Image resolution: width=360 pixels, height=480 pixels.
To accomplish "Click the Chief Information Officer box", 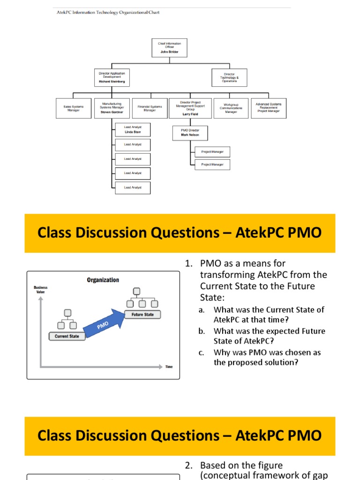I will click(169, 48).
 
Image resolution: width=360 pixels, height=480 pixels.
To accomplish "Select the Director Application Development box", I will click(112, 77).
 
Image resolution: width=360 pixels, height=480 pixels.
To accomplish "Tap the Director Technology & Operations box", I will click(229, 77).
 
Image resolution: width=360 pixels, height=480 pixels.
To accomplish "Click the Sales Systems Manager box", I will click(74, 108).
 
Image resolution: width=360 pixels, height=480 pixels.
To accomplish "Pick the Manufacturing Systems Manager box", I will click(112, 108).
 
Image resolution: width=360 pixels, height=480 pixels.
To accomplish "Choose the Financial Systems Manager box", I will click(150, 108).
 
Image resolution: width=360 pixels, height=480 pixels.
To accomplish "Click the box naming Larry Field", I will click(190, 108).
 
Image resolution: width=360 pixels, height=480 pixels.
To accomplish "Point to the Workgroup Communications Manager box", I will click(231, 108).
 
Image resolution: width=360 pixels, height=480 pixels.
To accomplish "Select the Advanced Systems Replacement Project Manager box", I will click(269, 108).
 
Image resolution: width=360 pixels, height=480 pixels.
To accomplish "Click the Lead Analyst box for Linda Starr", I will click(133, 129).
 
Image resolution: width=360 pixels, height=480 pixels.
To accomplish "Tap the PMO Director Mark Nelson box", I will click(190, 132).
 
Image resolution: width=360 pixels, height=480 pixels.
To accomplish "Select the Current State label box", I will click(67, 336).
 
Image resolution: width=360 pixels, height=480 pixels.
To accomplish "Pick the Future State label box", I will click(142, 315).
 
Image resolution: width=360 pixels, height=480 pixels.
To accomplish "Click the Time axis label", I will click(169, 367).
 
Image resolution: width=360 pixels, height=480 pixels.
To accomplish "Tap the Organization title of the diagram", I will click(103, 280).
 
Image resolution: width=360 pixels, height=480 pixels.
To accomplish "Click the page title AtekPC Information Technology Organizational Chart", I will click(108, 12).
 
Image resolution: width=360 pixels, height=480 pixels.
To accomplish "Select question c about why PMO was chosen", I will click(267, 357).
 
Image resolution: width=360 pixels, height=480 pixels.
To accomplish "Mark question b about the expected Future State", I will click(269, 336).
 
